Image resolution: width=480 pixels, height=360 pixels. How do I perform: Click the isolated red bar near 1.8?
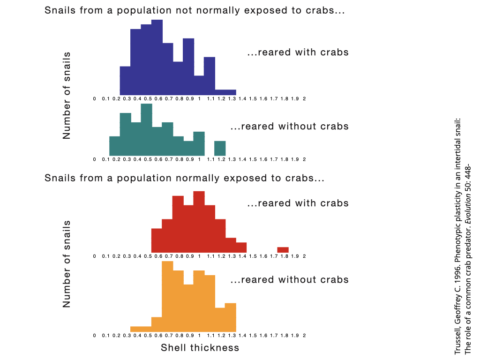[x=283, y=250]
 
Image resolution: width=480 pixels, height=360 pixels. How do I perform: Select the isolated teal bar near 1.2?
[x=220, y=148]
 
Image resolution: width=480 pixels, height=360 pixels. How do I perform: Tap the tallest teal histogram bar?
[x=147, y=129]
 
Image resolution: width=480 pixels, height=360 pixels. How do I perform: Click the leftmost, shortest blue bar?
[x=125, y=81]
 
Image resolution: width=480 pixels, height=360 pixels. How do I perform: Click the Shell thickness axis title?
[x=200, y=348]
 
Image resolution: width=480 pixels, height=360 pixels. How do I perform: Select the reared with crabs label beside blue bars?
[x=298, y=52]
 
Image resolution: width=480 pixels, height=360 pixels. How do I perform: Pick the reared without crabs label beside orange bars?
[x=290, y=280]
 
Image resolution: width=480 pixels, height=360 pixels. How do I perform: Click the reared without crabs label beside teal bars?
[x=290, y=126]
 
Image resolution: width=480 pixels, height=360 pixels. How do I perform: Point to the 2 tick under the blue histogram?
[x=305, y=99]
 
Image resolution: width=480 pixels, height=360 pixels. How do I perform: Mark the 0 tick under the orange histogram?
[x=95, y=336]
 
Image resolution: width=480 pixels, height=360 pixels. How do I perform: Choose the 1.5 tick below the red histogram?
[x=252, y=256]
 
